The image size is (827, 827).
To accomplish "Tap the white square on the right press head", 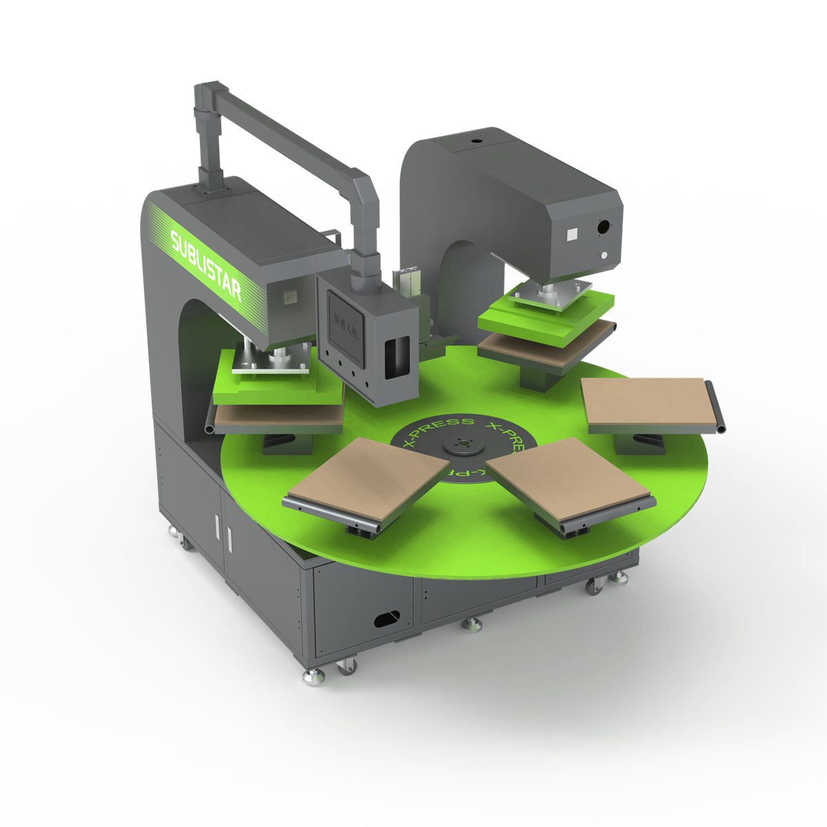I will pyautogui.click(x=571, y=234).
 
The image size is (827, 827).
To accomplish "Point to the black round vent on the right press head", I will pyautogui.click(x=604, y=226).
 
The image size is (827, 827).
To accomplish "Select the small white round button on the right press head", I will pyautogui.click(x=604, y=255).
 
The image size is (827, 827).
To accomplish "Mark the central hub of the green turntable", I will pyautogui.click(x=461, y=447).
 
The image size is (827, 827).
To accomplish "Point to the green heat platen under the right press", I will pyautogui.click(x=544, y=314).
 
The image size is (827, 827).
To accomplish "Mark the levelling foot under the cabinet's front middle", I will pyautogui.click(x=471, y=625).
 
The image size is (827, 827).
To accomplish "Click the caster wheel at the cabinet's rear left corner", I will pyautogui.click(x=185, y=542).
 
